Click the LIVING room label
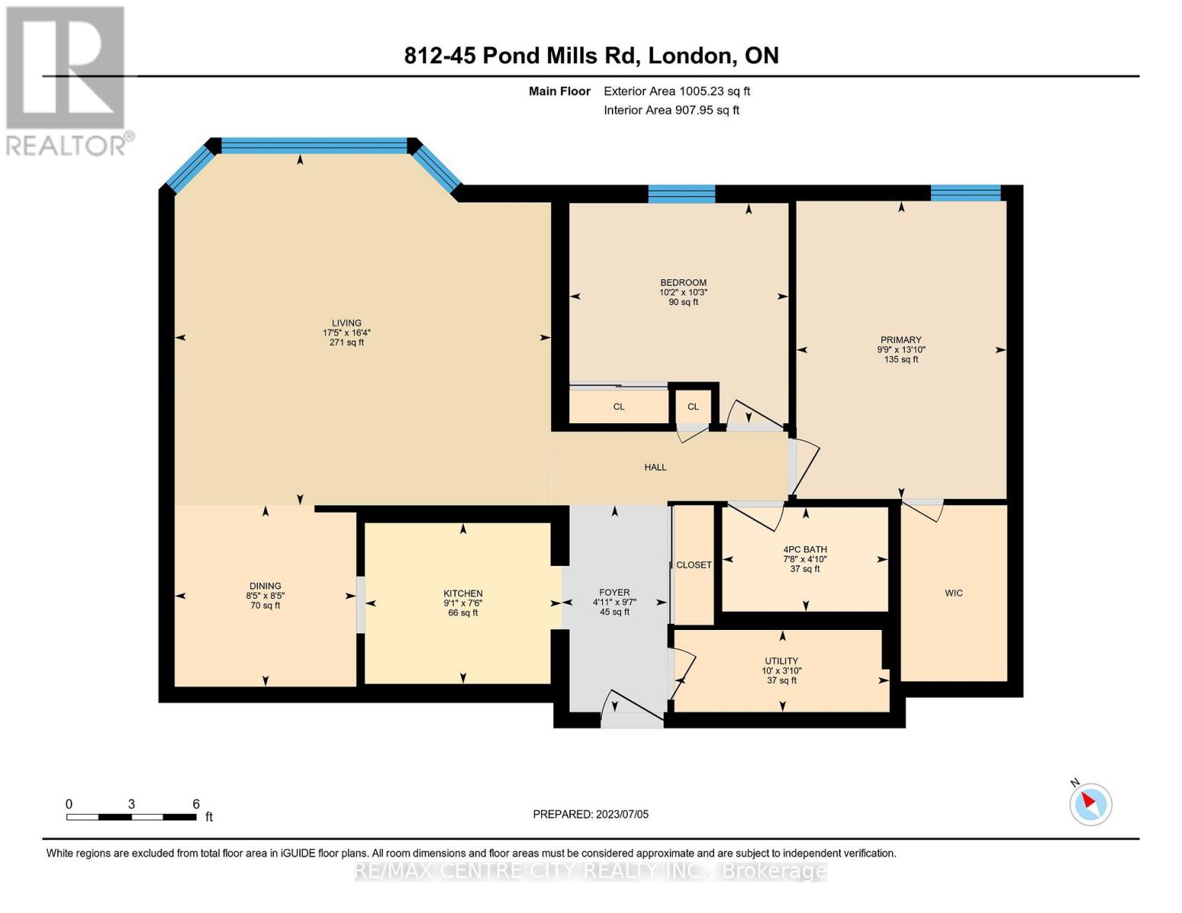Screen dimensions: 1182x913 click(x=346, y=323)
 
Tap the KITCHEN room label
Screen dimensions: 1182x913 click(x=463, y=593)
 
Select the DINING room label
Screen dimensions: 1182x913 click(x=266, y=586)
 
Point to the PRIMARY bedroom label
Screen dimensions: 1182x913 click(x=901, y=340)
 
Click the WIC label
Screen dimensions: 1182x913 click(x=954, y=593)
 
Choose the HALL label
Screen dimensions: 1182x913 click(x=655, y=467)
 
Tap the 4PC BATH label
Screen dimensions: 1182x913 click(x=805, y=549)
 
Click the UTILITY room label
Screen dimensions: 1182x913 click(x=782, y=660)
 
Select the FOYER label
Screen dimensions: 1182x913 click(x=614, y=592)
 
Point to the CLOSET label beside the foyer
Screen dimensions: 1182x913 click(x=693, y=565)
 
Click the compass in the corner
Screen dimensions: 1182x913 click(x=1090, y=804)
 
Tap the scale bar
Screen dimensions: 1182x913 click(x=131, y=816)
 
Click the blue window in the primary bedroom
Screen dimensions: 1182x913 click(x=966, y=193)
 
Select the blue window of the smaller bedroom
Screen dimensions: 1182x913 click(x=681, y=194)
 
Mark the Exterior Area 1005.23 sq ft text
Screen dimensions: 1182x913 click(x=677, y=91)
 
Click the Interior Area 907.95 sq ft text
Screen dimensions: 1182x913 click(x=671, y=110)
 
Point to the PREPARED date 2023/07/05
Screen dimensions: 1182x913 click(x=591, y=814)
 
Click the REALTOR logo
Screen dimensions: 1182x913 click(x=68, y=81)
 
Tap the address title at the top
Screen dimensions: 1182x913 click(x=591, y=56)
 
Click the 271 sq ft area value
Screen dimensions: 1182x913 click(x=346, y=342)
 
